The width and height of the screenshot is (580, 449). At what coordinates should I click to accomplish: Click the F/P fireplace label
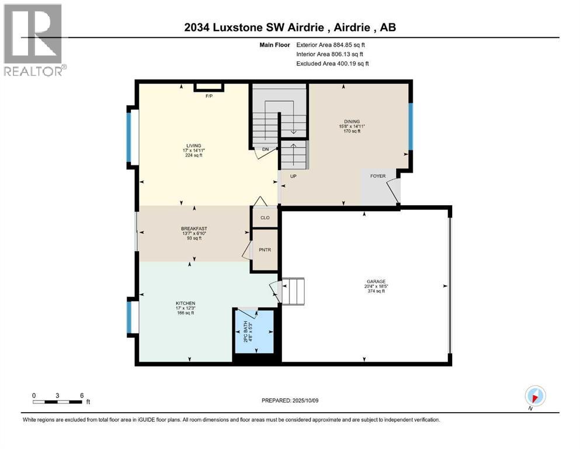(209, 96)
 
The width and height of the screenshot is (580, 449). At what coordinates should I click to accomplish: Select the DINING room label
(352, 122)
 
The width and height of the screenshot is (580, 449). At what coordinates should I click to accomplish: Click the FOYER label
(378, 176)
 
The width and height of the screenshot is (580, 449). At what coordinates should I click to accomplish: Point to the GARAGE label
(376, 281)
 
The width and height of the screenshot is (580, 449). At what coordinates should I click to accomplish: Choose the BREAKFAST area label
(194, 229)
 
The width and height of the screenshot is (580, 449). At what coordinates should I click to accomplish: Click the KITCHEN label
(185, 303)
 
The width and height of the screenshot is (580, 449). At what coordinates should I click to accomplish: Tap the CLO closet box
(265, 217)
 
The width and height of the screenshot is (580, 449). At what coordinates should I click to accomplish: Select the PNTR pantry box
(265, 250)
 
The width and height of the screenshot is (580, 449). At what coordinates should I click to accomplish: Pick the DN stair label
(265, 150)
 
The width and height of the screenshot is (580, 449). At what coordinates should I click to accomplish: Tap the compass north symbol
(535, 395)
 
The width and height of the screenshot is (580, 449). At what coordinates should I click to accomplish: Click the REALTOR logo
(33, 40)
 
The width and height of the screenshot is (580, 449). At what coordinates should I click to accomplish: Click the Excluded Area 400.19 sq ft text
(332, 63)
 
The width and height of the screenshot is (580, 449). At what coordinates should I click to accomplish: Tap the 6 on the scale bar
(81, 395)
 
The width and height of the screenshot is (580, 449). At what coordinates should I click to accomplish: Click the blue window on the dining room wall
(410, 126)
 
